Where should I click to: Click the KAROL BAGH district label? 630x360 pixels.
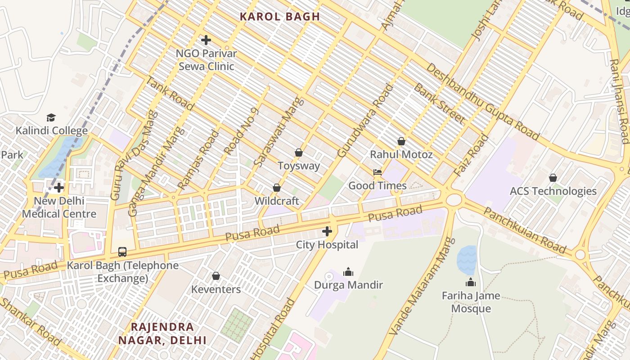tap(279, 17)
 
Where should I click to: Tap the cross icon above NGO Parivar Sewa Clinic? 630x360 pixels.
tap(206, 40)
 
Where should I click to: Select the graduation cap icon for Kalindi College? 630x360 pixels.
tap(51, 118)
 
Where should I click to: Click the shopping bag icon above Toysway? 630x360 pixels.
tap(298, 153)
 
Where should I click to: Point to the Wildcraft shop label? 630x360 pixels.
tap(277, 201)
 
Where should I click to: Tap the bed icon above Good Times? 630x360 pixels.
tap(378, 172)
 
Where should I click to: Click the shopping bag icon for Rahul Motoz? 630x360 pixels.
tap(401, 141)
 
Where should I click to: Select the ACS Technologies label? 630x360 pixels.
tap(553, 191)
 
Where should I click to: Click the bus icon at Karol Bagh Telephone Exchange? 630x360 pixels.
tap(122, 252)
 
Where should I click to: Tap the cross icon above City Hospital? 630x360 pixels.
tap(327, 232)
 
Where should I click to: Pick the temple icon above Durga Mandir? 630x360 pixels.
tap(348, 272)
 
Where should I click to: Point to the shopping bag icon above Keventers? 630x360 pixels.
tap(216, 276)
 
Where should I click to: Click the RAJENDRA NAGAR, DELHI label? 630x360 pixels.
tap(162, 333)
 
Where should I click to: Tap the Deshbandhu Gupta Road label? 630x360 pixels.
tap(482, 102)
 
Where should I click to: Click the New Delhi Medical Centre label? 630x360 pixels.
tap(59, 207)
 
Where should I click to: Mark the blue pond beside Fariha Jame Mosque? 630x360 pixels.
tap(467, 260)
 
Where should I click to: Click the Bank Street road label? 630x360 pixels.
tap(439, 103)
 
